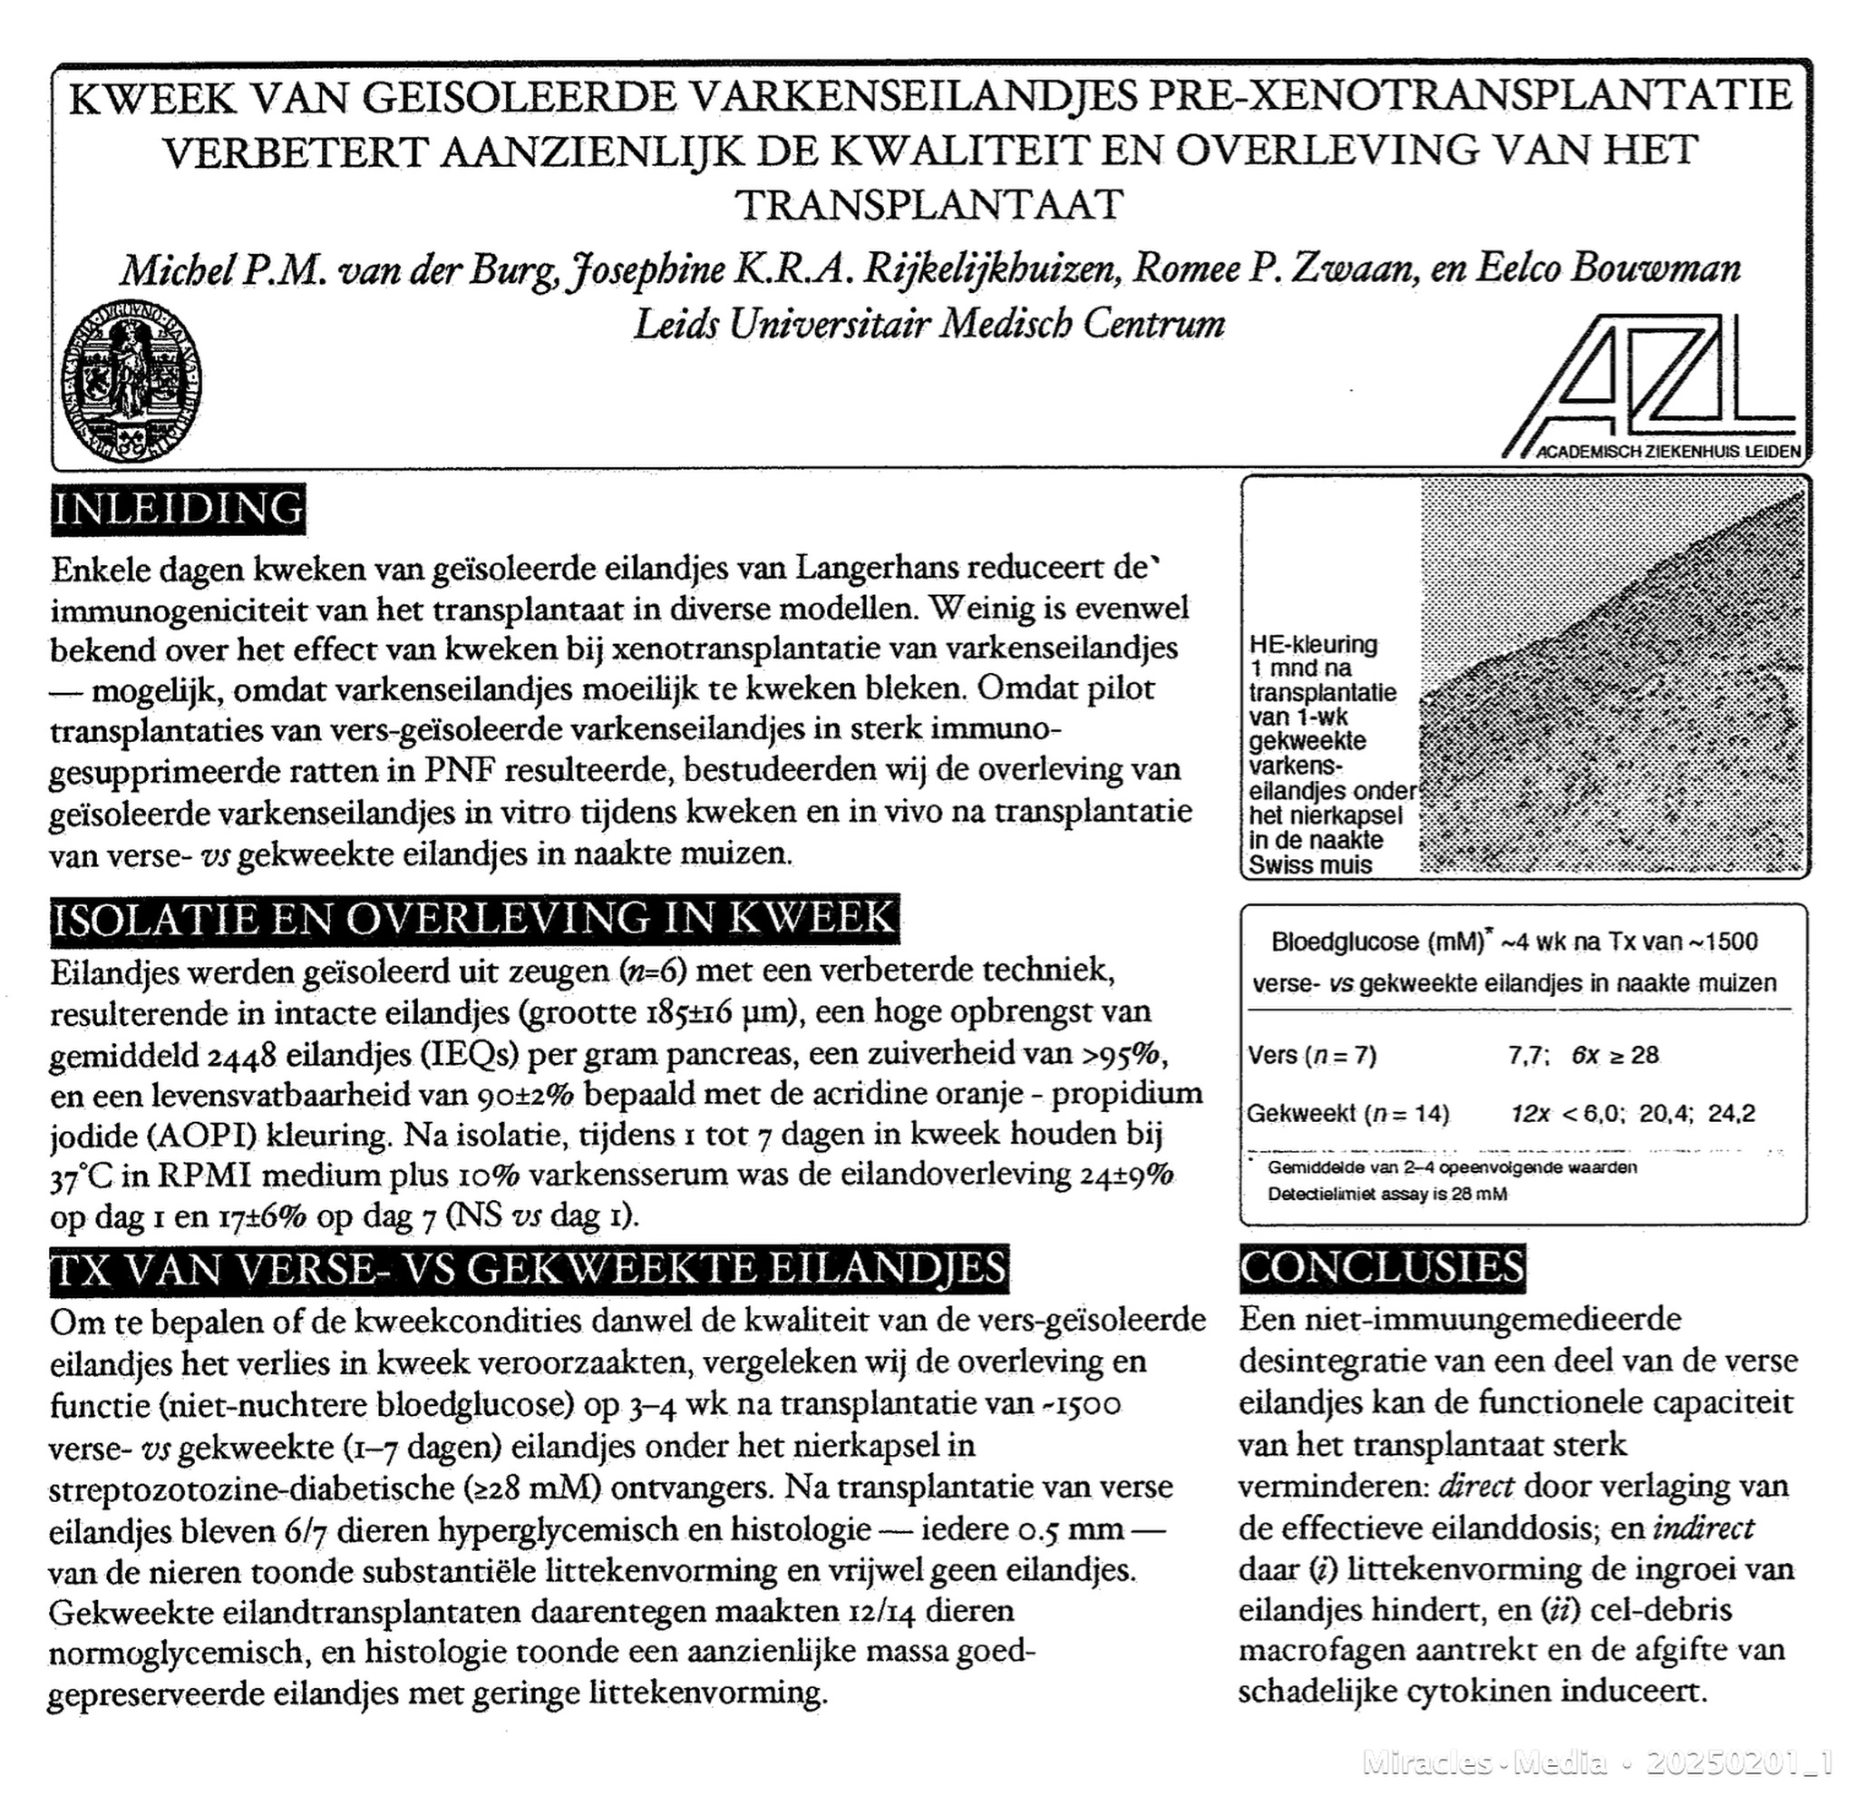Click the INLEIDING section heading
pos(178,509)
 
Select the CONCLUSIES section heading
pos(1383,1268)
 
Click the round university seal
pos(131,383)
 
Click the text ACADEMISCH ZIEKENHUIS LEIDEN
pos(1667,452)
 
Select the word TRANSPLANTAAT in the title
pos(929,205)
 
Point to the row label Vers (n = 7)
pos(1311,1056)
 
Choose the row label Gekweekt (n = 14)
pos(1347,1114)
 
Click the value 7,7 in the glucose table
pos(1526,1056)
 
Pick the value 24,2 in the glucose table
pos(1731,1114)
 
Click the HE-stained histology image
pos(1610,678)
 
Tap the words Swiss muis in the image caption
pos(1310,864)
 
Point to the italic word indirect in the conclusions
pos(1704,1528)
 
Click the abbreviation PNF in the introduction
pos(460,769)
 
